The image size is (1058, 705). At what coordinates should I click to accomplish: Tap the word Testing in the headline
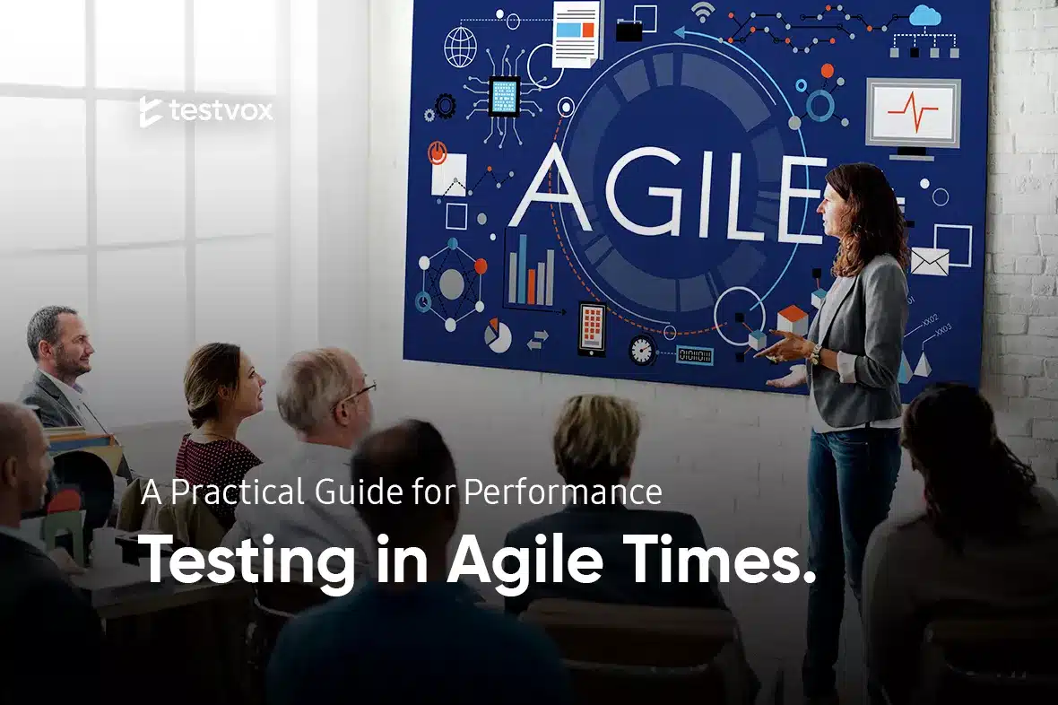coord(247,560)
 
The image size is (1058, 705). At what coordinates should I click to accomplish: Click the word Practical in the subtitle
coord(238,492)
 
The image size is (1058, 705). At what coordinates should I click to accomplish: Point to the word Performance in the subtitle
coord(563,492)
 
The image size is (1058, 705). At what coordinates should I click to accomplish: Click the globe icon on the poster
coord(460,47)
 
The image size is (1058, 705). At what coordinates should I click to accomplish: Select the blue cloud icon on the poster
coord(924,15)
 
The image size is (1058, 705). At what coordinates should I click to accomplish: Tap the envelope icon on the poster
coord(930,261)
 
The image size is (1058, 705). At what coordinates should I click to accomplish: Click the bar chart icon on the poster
coord(531,272)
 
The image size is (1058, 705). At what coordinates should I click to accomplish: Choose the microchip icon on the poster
coord(504,97)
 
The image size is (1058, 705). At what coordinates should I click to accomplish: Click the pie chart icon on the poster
coord(498,335)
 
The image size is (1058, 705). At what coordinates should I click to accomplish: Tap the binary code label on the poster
coord(694,355)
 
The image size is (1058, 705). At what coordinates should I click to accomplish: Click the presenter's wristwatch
coord(816,353)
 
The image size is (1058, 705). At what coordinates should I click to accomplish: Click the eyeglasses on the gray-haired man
coord(361,391)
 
